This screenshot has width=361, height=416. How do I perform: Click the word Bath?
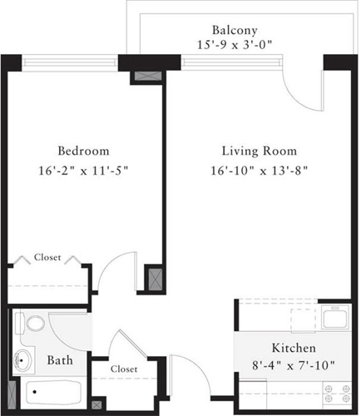[x=59, y=361]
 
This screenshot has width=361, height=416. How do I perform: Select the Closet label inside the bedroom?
[x=47, y=258]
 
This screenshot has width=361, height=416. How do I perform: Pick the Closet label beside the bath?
[x=123, y=368]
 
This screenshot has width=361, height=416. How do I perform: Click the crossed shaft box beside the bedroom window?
[x=143, y=78]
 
